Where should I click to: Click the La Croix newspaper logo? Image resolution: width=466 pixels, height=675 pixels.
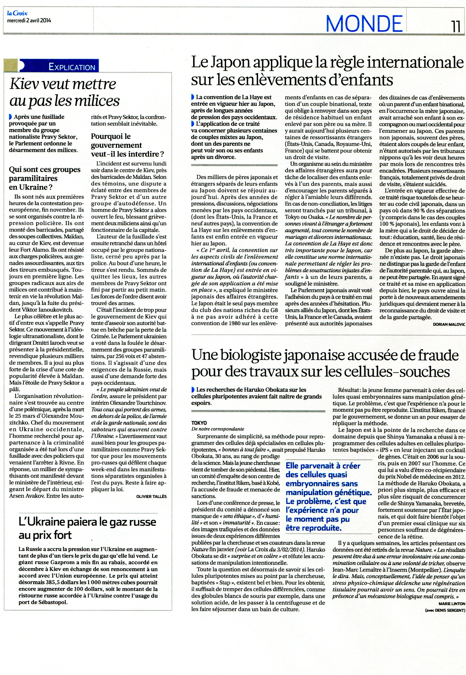[x=18, y=13]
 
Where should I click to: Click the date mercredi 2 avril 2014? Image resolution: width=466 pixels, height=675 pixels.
[x=29, y=21]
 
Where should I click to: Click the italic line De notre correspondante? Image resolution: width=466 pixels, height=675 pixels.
[x=218, y=429]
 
